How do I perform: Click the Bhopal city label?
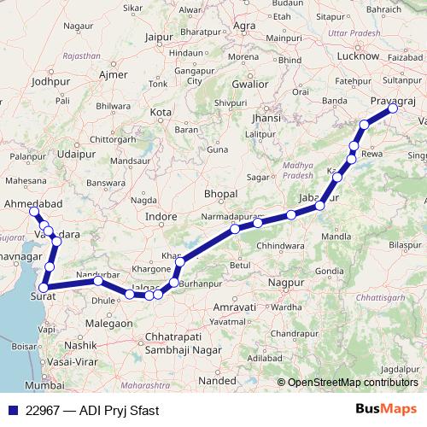click(x=220, y=194)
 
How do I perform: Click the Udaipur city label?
click(x=76, y=155)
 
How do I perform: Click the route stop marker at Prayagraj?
click(x=393, y=108)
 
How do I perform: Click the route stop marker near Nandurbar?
click(x=98, y=280)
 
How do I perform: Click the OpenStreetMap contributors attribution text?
click(x=348, y=383)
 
